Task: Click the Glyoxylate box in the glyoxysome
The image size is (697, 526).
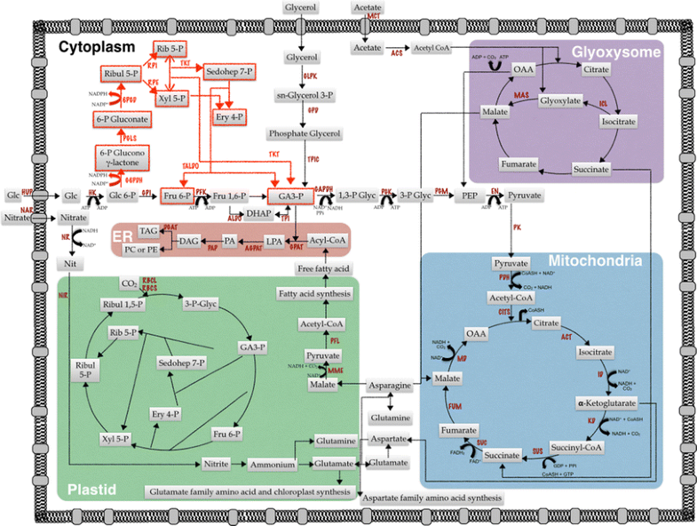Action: click(561, 101)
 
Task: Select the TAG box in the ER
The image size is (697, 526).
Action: click(148, 230)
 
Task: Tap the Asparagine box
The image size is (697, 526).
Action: click(391, 385)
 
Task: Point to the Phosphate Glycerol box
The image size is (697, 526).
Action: click(305, 133)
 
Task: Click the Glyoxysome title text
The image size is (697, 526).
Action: click(615, 52)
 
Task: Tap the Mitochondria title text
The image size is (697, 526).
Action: click(606, 260)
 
